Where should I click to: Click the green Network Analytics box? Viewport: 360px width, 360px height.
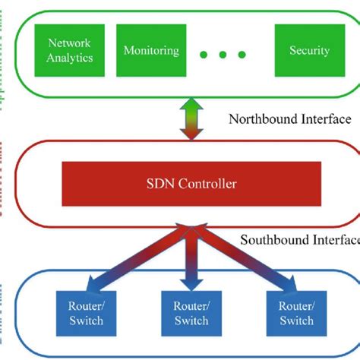[x=70, y=50]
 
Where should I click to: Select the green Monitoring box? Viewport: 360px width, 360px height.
[x=151, y=51]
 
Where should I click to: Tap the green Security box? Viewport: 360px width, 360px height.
[x=309, y=51]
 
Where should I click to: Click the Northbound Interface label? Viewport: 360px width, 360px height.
[x=289, y=119]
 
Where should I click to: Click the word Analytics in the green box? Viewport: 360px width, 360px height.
[x=70, y=57]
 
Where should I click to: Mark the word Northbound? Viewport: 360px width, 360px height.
[x=258, y=119]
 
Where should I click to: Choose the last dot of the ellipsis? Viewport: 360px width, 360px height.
[x=242, y=55]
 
